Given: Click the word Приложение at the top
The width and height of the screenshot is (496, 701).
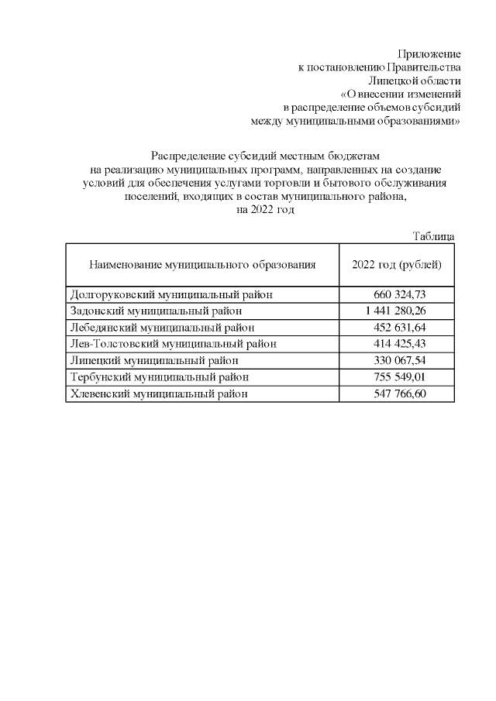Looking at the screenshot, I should click(x=429, y=54).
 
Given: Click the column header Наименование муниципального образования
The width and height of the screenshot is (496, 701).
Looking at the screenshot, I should click(x=202, y=265).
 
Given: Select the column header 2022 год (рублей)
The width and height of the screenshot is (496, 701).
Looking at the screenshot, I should click(x=397, y=265).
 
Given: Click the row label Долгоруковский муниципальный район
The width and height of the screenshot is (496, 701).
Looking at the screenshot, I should click(x=171, y=294).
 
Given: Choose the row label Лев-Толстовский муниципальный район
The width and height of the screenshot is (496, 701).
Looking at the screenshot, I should click(x=173, y=343).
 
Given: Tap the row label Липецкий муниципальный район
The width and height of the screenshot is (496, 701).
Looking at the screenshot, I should click(x=153, y=360).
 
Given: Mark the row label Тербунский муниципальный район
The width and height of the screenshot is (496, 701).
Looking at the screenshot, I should click(x=160, y=377).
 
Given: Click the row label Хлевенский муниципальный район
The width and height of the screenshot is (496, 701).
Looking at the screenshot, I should click(x=160, y=393).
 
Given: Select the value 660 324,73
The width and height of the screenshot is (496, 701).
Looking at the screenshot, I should click(x=401, y=294).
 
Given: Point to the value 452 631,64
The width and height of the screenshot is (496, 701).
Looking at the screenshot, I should click(x=401, y=327).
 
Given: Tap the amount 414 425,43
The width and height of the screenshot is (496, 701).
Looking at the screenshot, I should click(x=401, y=343).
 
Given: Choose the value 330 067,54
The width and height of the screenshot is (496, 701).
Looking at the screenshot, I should click(x=401, y=360).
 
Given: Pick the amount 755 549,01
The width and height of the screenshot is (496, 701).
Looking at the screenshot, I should click(x=401, y=377).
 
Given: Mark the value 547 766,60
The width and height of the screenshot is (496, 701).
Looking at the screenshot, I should click(x=401, y=393).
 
